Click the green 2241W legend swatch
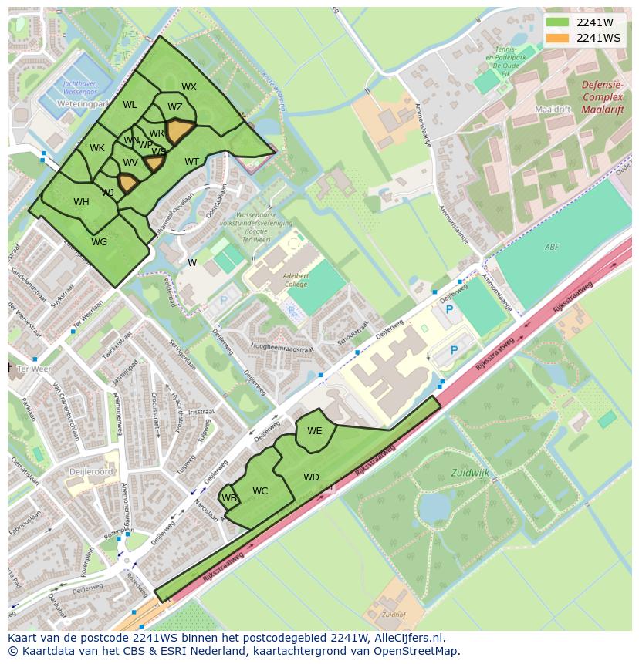point(556,22)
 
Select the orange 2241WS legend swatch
point(556,38)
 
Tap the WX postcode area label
point(189,87)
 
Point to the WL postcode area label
point(130,105)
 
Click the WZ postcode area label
point(175,107)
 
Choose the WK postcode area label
point(97,148)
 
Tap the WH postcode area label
point(81,202)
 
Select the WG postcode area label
point(99,242)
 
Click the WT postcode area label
point(191,162)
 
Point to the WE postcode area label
point(314,431)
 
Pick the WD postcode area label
point(311,477)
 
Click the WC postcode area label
point(260,491)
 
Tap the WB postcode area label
point(229,498)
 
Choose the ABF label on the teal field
point(551,247)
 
